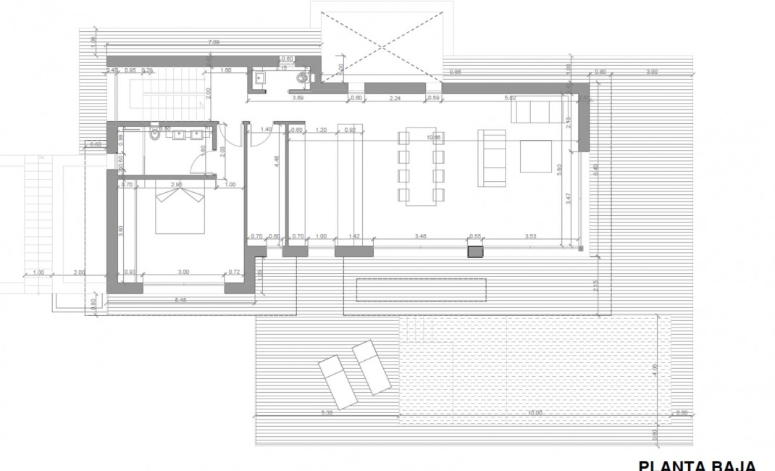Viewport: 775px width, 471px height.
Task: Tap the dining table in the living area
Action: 419,165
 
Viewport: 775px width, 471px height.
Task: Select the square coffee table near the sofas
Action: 535,157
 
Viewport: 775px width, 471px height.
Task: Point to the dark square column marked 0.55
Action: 475,251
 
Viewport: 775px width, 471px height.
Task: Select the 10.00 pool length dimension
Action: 535,412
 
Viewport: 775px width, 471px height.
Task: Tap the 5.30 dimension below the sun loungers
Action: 326,412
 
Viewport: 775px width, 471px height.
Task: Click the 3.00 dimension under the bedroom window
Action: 183,272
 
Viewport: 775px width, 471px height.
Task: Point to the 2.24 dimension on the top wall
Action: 395,97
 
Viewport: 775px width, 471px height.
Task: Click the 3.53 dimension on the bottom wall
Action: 531,236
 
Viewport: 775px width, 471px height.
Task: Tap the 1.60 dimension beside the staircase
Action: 225,71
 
